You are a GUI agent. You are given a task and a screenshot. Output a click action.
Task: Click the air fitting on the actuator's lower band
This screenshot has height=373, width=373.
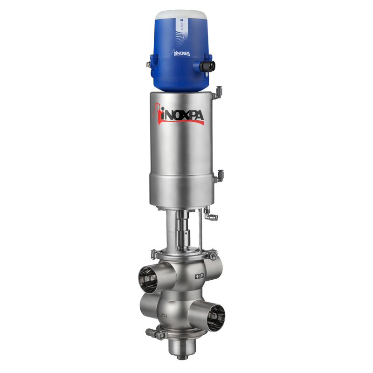click(217, 176)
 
